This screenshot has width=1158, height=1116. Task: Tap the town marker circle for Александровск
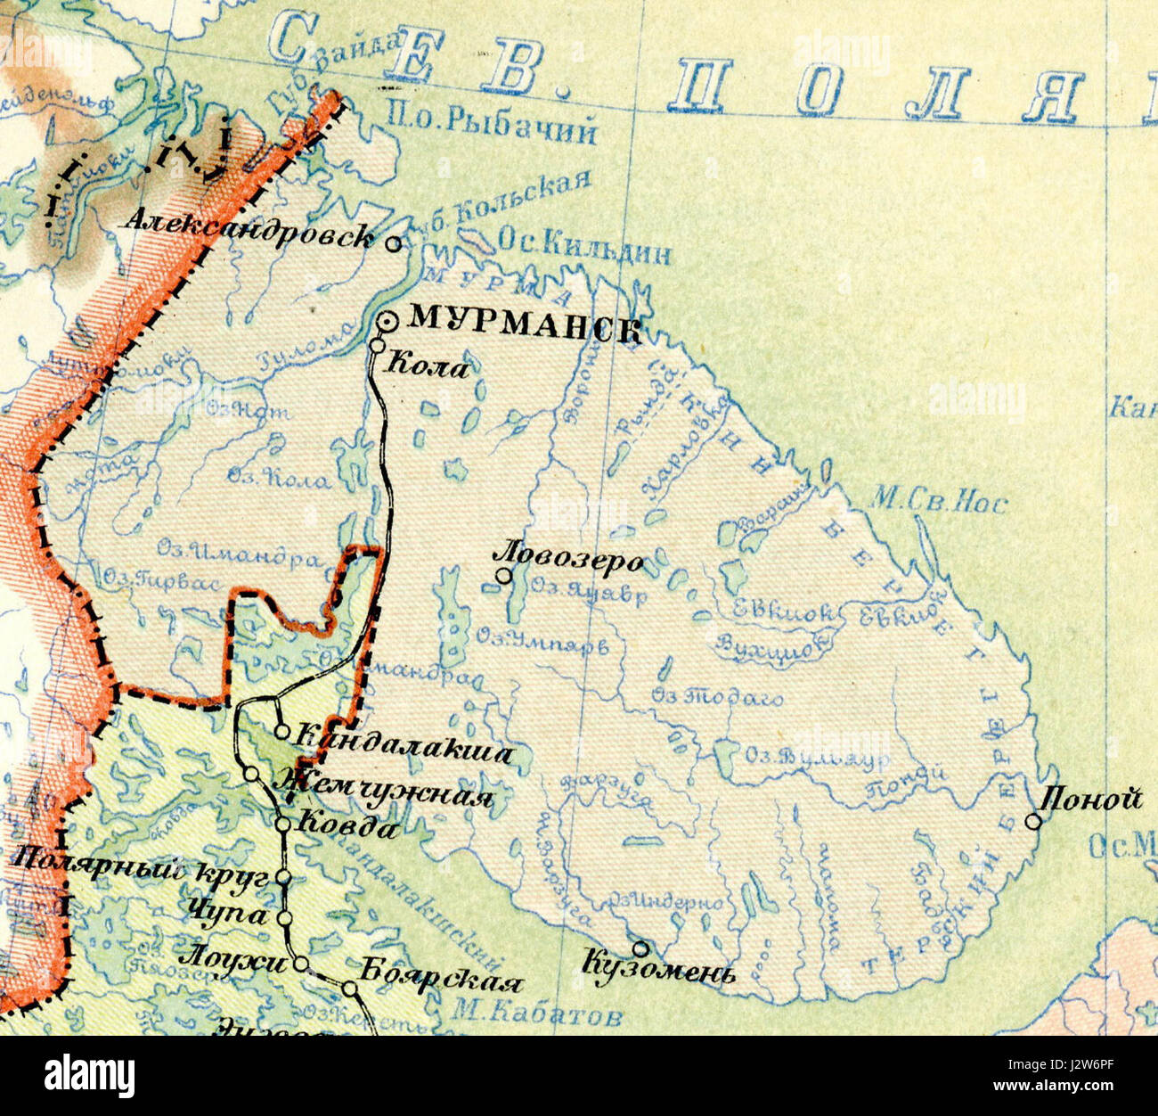coord(393,242)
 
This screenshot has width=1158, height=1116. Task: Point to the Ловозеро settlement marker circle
coord(504,576)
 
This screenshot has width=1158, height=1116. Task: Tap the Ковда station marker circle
coord(282,825)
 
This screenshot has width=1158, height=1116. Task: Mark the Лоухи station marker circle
coord(301,964)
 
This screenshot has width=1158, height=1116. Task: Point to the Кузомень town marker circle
coord(640,948)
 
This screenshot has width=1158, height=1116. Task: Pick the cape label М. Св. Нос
coord(939,502)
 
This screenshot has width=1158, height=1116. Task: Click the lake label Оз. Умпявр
coord(542,642)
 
